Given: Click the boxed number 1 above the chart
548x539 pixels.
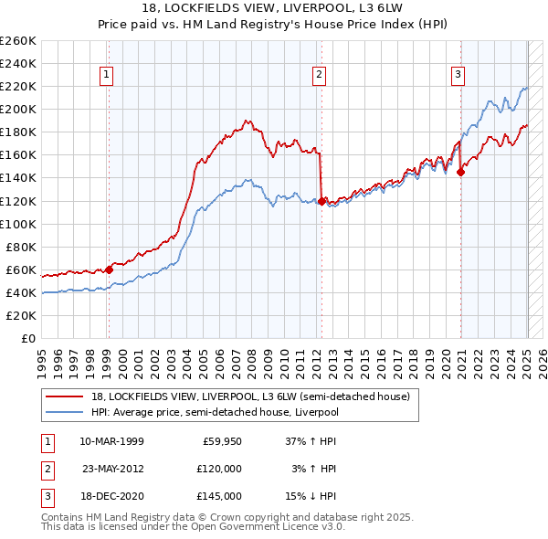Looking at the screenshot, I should coord(108,75).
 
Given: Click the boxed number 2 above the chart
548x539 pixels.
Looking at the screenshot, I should coord(319,75).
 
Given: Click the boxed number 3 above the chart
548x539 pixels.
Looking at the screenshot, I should coord(458,75).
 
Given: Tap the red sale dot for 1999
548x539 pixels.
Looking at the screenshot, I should coord(109,269).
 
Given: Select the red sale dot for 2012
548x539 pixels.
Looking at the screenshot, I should coord(321,200).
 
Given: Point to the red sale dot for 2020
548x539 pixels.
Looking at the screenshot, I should coord(461,171).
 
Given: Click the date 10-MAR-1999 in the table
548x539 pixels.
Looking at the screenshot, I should coord(112,442).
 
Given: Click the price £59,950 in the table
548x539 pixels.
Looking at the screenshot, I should coord(221,442).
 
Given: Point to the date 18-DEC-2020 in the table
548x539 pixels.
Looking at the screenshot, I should coord(112,497).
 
